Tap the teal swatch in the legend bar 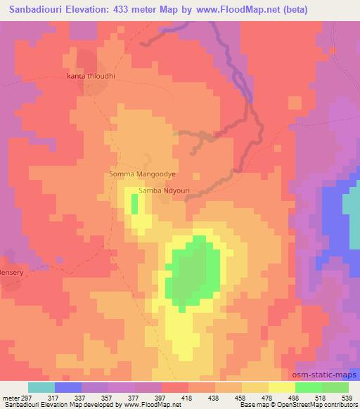[41, 387]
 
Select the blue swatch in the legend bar [68, 387]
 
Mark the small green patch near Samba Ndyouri [134, 203]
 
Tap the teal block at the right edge [351, 211]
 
